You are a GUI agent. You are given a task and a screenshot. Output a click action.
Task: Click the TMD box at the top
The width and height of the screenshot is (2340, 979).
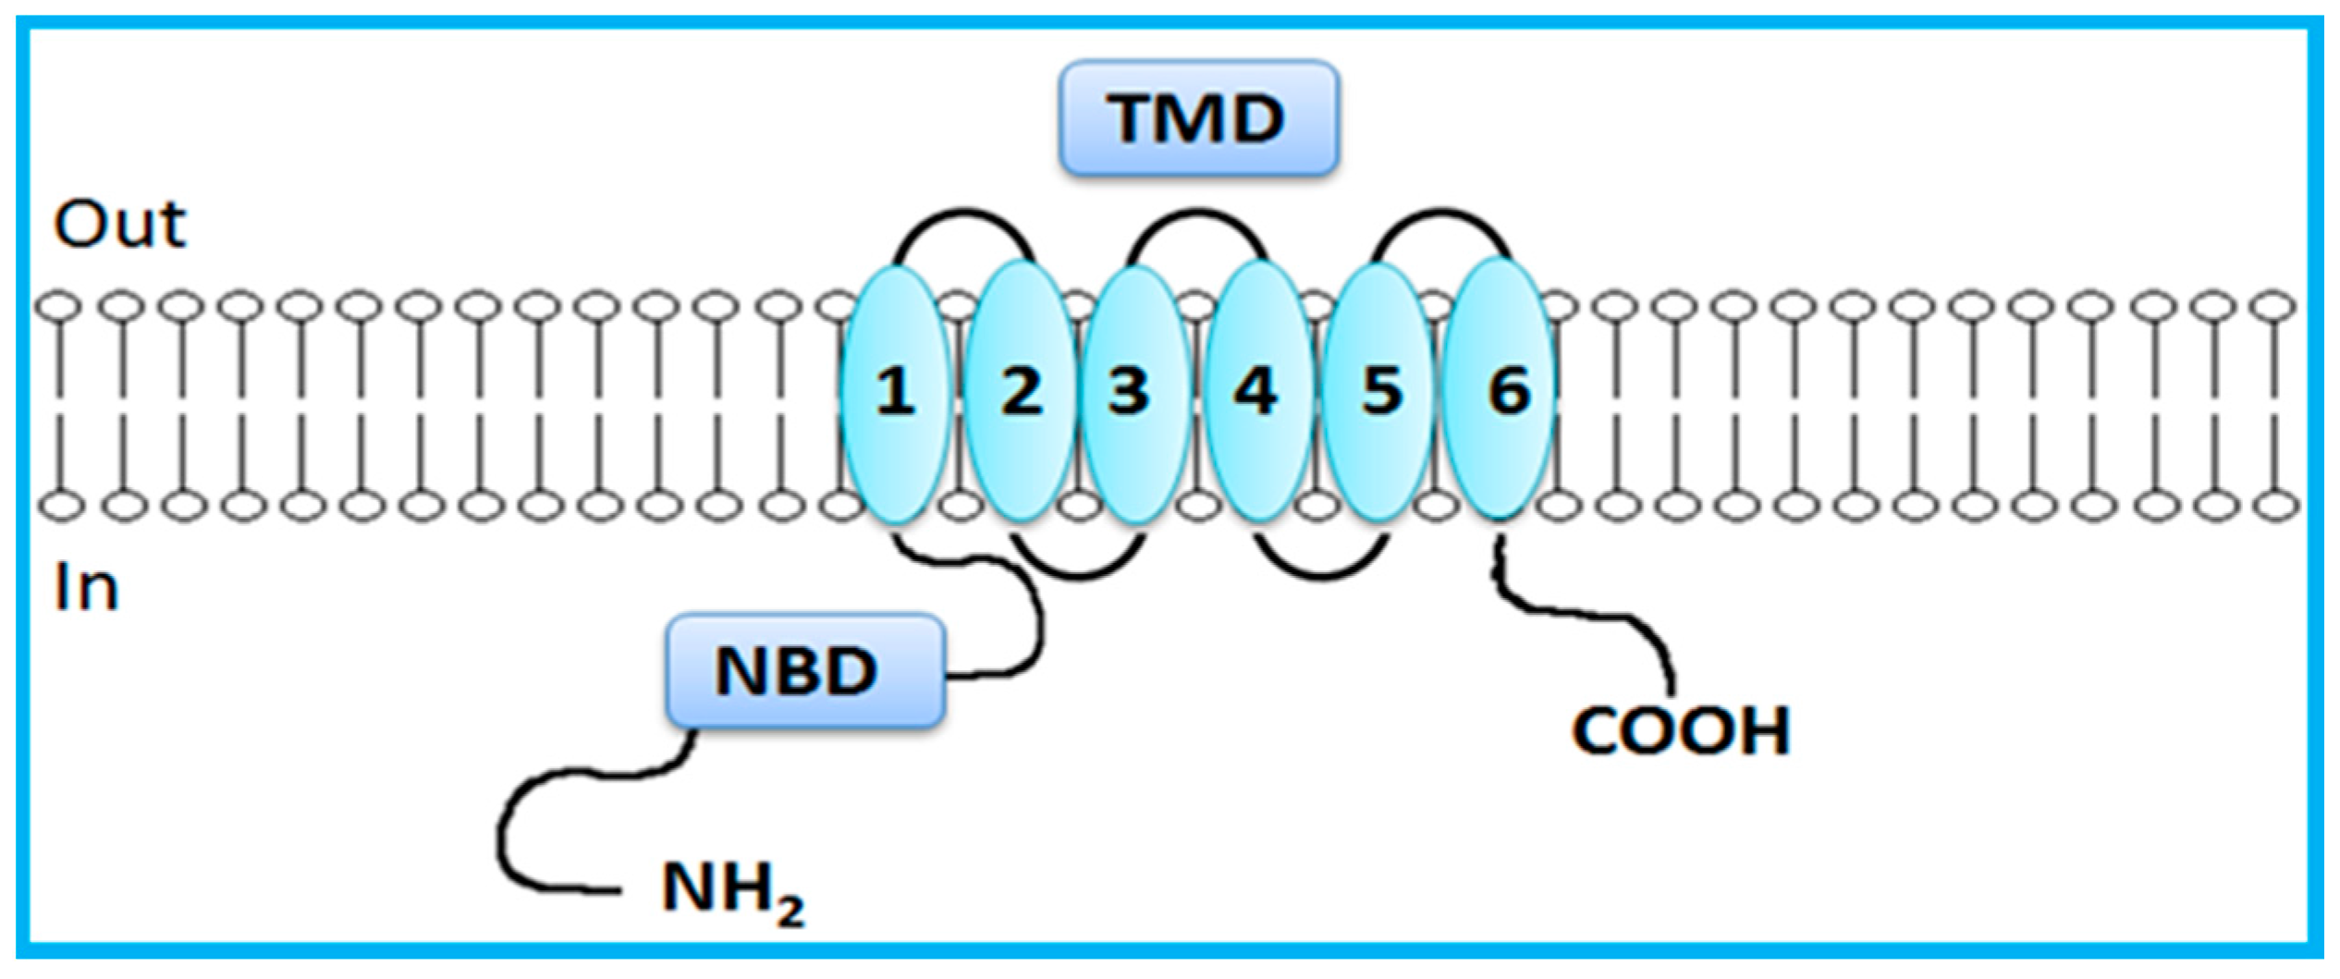(1198, 118)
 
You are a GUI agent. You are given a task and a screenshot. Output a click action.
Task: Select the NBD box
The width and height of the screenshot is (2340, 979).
(804, 671)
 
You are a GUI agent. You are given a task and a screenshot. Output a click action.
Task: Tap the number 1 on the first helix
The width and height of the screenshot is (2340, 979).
(895, 391)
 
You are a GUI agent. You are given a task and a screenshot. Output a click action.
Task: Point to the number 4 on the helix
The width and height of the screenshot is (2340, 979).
(1256, 391)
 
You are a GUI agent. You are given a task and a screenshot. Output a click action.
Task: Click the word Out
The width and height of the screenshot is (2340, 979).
(120, 225)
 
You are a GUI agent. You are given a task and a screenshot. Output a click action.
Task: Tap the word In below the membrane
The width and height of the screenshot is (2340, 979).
(87, 588)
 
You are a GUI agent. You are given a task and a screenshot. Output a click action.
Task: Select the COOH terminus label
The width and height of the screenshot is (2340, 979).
(1681, 731)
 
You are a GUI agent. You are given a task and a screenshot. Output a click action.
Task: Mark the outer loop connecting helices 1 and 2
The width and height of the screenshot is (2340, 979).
(964, 214)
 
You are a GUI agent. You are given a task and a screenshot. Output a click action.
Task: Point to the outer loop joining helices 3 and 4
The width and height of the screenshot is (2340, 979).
(1198, 214)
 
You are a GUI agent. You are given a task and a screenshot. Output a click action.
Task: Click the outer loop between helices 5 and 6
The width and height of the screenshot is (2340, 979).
(1440, 214)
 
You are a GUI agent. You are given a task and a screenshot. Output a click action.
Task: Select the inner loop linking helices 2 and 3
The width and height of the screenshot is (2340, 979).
(1078, 576)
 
